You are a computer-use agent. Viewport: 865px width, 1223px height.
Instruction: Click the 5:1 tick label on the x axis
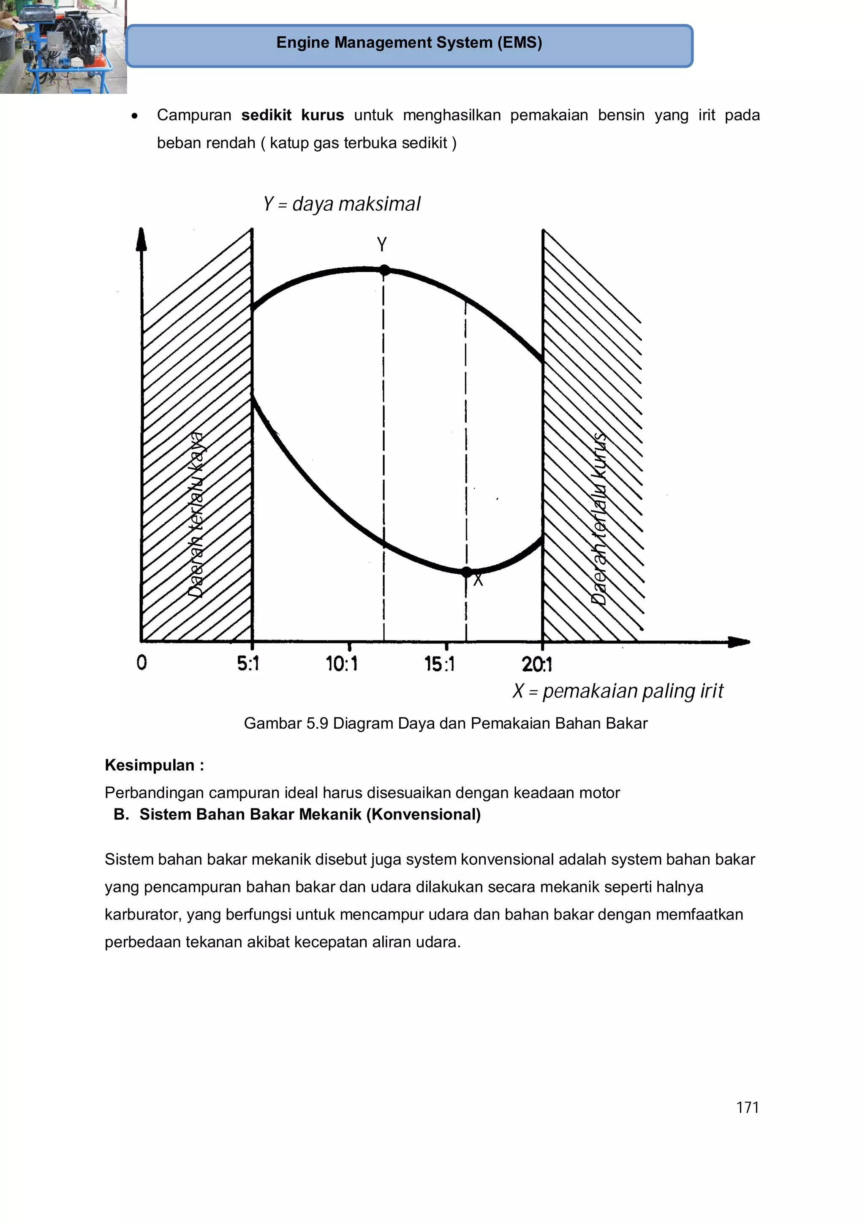(x=248, y=664)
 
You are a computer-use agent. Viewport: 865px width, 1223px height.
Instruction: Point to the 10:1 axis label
(x=342, y=664)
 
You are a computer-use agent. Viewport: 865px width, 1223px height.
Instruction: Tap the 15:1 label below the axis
(x=440, y=664)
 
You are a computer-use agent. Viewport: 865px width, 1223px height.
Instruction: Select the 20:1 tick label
(x=537, y=664)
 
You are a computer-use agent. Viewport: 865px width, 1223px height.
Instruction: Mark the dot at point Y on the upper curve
(x=384, y=271)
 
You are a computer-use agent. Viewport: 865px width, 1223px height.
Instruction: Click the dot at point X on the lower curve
(x=466, y=572)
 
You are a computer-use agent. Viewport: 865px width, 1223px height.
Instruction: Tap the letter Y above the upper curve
(x=381, y=244)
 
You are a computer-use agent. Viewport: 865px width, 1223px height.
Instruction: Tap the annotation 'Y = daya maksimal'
(x=342, y=204)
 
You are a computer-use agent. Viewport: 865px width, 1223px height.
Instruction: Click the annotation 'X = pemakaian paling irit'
(x=617, y=691)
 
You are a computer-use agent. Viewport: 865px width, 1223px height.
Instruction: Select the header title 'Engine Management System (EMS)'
(x=409, y=43)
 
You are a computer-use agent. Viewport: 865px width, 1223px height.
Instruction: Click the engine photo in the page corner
(x=63, y=46)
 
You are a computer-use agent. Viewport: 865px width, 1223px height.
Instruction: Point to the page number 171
(x=747, y=1107)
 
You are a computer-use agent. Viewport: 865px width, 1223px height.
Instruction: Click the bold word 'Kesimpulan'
(x=150, y=765)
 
